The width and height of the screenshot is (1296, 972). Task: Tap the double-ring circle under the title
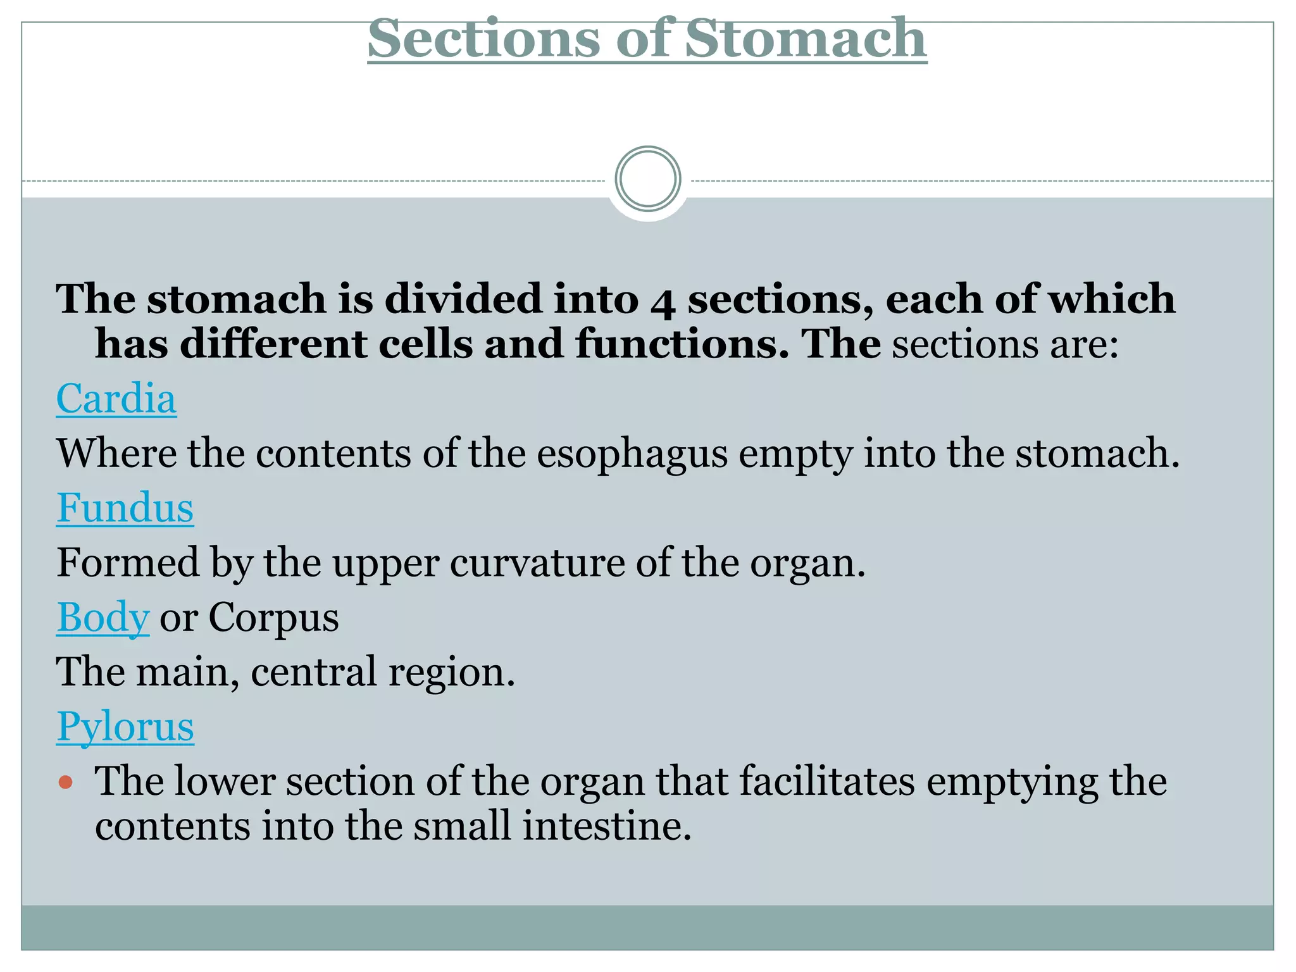tap(647, 179)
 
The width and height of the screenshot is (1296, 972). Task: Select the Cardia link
tap(116, 399)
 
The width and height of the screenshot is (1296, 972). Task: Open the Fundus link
tap(125, 508)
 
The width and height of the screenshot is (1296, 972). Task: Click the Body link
tap(103, 618)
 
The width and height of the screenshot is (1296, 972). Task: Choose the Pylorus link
tap(125, 726)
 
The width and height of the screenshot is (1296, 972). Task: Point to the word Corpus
tap(273, 618)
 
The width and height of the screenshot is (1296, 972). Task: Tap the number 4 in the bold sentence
tap(663, 301)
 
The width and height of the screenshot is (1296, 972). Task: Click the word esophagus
tap(632, 454)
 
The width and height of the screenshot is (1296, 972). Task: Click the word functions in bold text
tap(682, 344)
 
